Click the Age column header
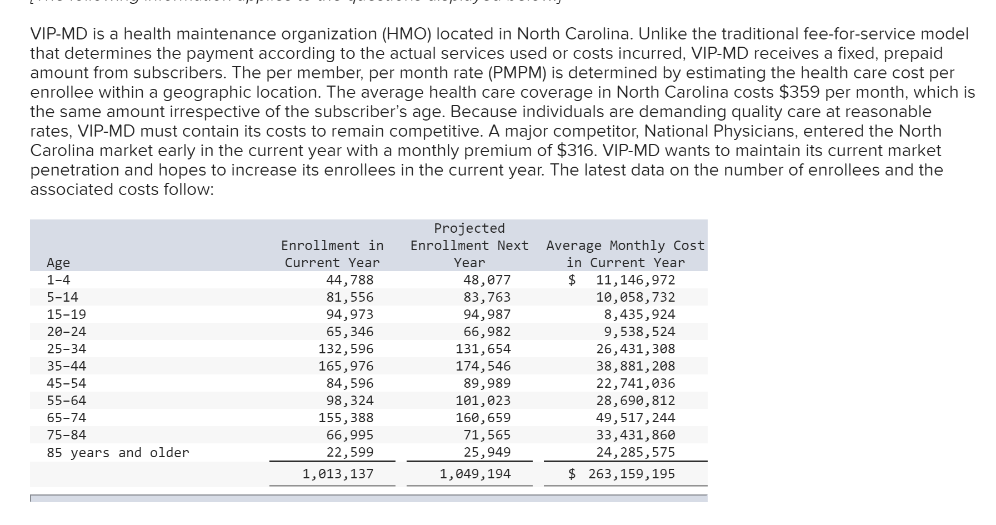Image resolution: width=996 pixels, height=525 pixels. click(x=58, y=263)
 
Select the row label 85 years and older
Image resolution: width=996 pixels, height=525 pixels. click(x=118, y=453)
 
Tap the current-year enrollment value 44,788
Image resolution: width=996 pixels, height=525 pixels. click(x=349, y=280)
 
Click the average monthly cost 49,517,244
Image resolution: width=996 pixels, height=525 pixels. click(x=635, y=418)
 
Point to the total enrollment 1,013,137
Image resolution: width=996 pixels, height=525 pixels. click(x=338, y=474)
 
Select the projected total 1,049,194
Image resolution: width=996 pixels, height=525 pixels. click(x=475, y=474)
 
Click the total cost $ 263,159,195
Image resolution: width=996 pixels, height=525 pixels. click(x=622, y=474)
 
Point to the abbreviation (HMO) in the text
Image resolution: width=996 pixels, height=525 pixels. click(x=406, y=34)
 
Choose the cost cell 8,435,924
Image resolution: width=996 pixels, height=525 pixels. click(x=639, y=314)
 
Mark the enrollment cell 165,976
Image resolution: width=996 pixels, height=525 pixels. click(x=346, y=366)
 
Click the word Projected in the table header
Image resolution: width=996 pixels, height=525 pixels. click(x=469, y=228)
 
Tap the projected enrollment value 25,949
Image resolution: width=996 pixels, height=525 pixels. click(x=487, y=452)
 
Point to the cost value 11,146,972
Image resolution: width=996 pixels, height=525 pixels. click(x=635, y=280)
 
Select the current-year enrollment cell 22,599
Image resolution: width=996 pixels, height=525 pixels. click(x=349, y=452)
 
